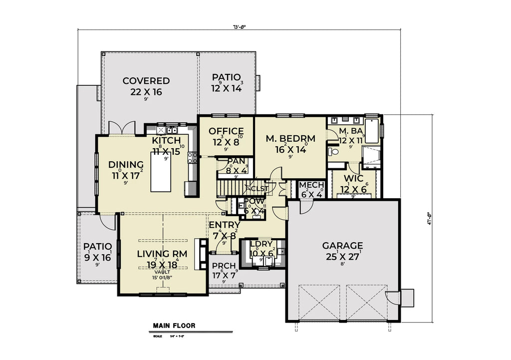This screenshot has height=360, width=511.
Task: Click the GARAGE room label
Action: point(342,246)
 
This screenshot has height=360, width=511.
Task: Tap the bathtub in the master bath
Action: point(372,131)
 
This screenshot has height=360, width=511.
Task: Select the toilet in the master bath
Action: point(333,151)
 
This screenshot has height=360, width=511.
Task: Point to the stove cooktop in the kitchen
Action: point(192,158)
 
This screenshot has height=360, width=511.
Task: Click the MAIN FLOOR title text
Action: point(174,326)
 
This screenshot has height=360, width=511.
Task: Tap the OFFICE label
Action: point(226,131)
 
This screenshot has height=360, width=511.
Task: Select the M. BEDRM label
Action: point(290,138)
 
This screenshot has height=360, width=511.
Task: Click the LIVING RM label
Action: point(162,254)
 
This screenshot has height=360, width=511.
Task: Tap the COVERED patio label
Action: point(146,81)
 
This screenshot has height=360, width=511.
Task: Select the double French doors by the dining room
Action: point(122,128)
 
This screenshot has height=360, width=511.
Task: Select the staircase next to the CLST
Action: point(233,188)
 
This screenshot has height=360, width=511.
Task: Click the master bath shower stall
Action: point(370,156)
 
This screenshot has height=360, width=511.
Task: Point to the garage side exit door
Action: point(394,298)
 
